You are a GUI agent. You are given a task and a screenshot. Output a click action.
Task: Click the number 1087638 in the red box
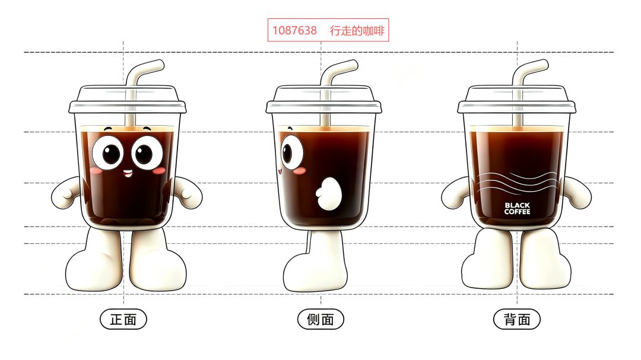pyautogui.click(x=294, y=31)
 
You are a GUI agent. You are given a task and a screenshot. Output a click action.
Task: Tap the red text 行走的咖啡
pyautogui.click(x=357, y=31)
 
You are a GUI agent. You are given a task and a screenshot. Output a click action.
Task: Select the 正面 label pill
pyautogui.click(x=123, y=319)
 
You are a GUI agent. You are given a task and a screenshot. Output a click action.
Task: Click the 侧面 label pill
pyautogui.click(x=320, y=319)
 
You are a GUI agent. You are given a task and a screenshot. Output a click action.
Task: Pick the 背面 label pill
pyautogui.click(x=517, y=319)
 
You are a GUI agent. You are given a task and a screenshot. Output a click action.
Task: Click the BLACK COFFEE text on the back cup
pyautogui.click(x=517, y=208)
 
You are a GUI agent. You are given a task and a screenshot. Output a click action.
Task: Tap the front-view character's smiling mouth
pyautogui.click(x=128, y=173)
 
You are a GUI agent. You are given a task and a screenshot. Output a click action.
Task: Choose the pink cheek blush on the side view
pyautogui.click(x=300, y=171)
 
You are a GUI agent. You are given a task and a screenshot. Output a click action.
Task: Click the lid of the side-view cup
pyautogui.click(x=324, y=99)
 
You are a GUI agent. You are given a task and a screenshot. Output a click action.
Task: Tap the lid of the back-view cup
pyautogui.click(x=517, y=99)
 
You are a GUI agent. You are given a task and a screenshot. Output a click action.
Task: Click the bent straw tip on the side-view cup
pyautogui.click(x=352, y=65)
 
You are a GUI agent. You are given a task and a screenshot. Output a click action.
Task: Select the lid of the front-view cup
pyautogui.click(x=128, y=99)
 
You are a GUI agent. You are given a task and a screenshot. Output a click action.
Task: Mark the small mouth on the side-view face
pyautogui.click(x=280, y=171)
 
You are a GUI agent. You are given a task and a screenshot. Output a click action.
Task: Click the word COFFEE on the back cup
pyautogui.click(x=517, y=212)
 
